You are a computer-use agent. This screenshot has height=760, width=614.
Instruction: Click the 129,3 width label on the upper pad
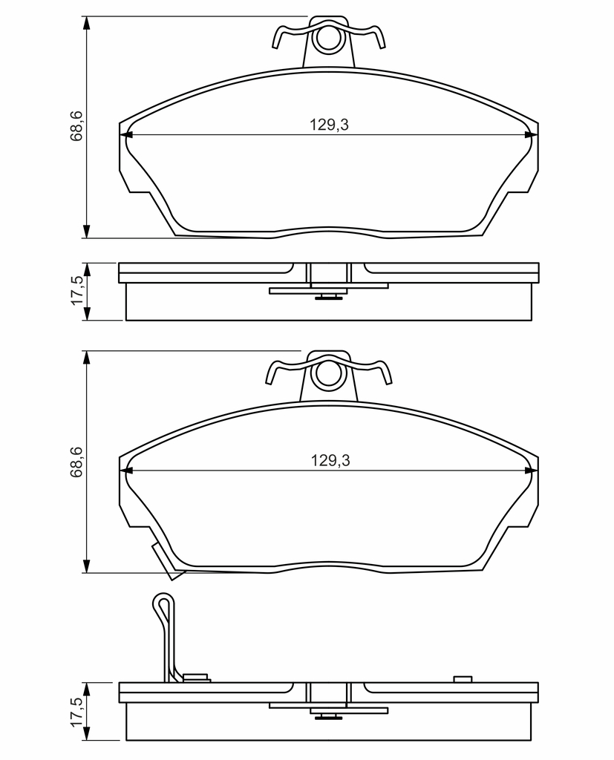click(x=330, y=125)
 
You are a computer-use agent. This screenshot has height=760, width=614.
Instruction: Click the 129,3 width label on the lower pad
click(x=330, y=460)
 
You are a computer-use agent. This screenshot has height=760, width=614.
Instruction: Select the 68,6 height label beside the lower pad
click(x=77, y=462)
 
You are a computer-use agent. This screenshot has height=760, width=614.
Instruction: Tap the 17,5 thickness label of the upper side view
click(x=77, y=291)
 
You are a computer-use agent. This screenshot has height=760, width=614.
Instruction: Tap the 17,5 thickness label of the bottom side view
click(x=77, y=712)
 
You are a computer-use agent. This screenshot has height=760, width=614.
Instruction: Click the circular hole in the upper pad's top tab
click(x=329, y=39)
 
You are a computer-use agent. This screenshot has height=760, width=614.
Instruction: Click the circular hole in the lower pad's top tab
click(x=329, y=374)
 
